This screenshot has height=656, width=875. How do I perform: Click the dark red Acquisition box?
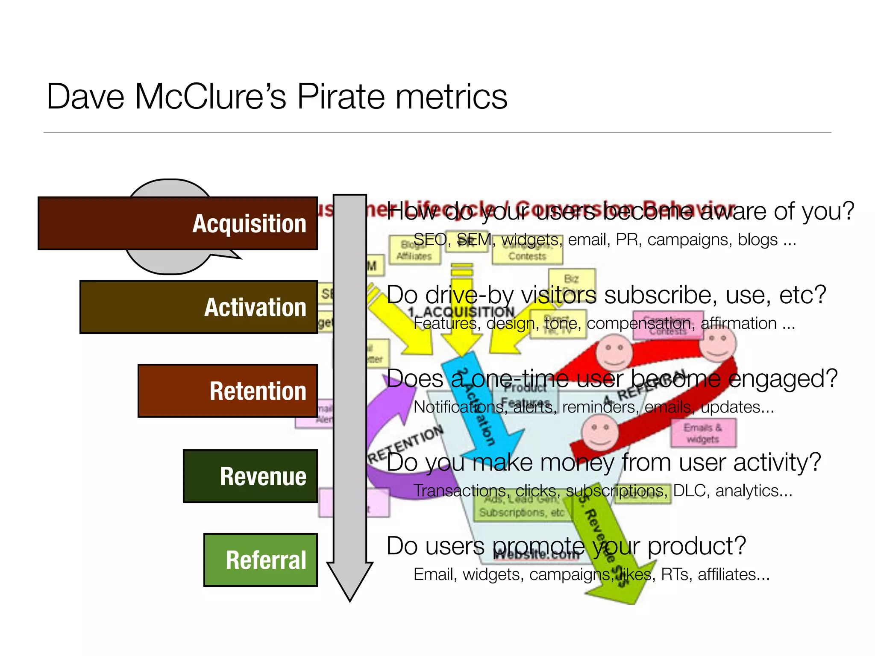pyautogui.click(x=177, y=223)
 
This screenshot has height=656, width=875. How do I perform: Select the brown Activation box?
pyautogui.click(x=199, y=307)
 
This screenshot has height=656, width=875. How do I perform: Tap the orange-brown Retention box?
pyautogui.click(x=228, y=391)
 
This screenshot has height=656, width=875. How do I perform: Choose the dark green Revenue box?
pyautogui.click(x=250, y=476)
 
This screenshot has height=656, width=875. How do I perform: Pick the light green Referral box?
pyautogui.click(x=261, y=560)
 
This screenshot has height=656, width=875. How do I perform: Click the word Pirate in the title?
pyautogui.click(x=341, y=97)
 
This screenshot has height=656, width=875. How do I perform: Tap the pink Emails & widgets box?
pyautogui.click(x=703, y=433)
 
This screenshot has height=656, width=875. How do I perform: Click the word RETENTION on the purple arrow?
pyautogui.click(x=406, y=444)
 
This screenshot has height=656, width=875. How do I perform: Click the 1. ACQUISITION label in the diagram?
pyautogui.click(x=461, y=312)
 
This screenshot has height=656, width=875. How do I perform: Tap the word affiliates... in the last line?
pyautogui.click(x=734, y=575)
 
